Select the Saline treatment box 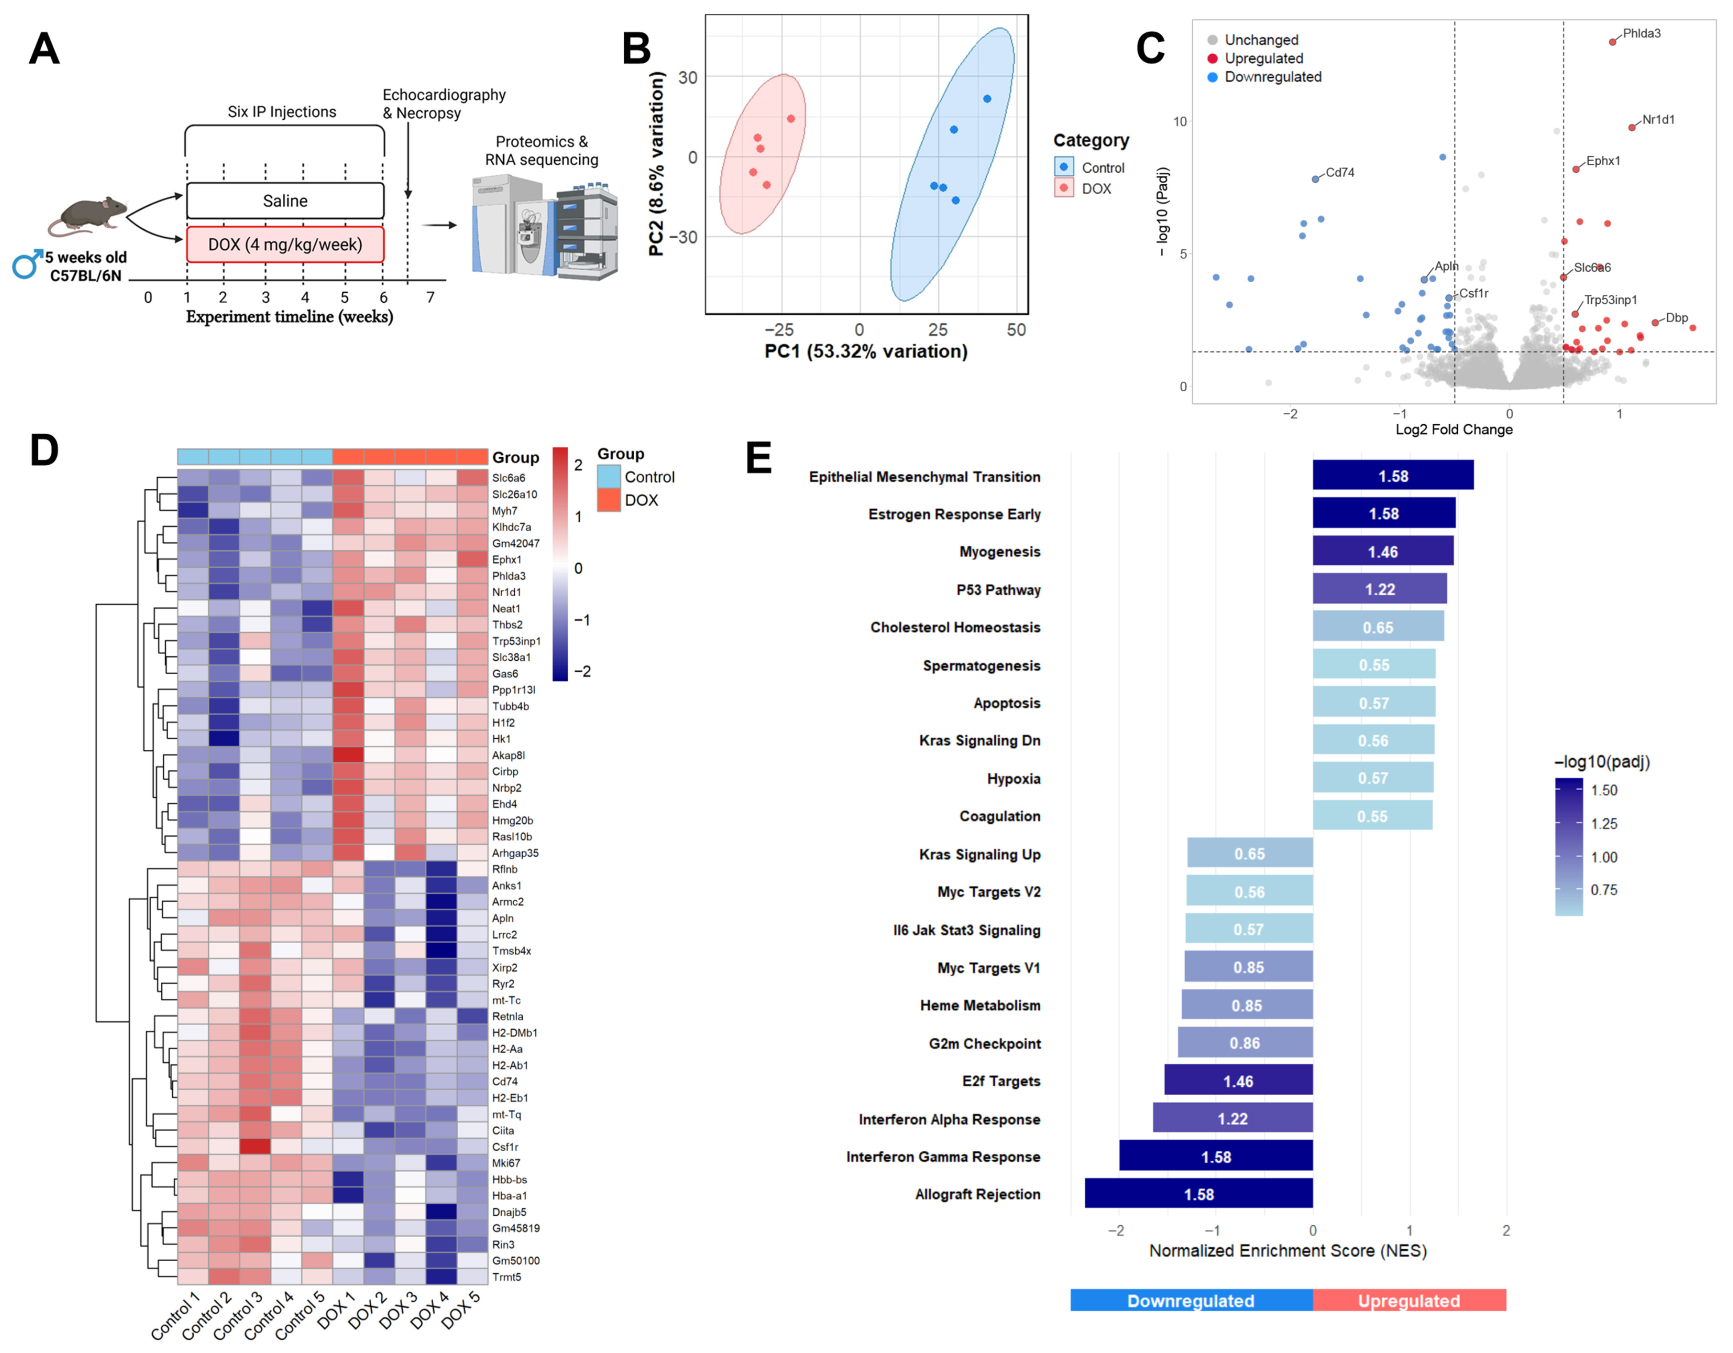point(285,201)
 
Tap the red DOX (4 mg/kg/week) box point(285,244)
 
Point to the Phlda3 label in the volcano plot point(1641,33)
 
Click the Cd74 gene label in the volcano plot point(1339,172)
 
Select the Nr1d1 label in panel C point(1658,120)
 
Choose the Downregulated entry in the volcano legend point(1272,77)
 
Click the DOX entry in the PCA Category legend point(1096,189)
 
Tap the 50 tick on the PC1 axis point(1016,330)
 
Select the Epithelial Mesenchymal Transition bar point(1393,475)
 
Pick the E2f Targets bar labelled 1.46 point(1238,1081)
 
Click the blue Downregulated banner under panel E point(1190,1300)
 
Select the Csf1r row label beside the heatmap point(504,1147)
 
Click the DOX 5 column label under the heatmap point(462,1310)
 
